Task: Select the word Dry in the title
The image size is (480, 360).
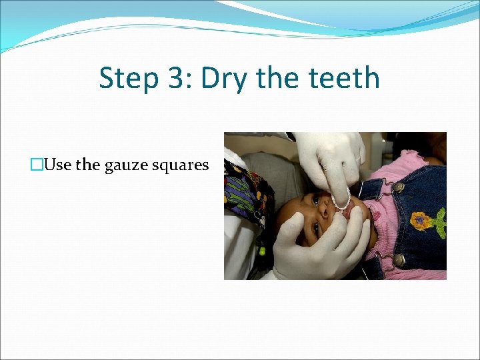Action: [x=223, y=79]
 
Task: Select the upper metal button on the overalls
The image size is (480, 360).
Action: [x=399, y=187]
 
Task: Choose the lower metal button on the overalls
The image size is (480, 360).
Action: [x=399, y=259]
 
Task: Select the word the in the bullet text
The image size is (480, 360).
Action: [x=87, y=165]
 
